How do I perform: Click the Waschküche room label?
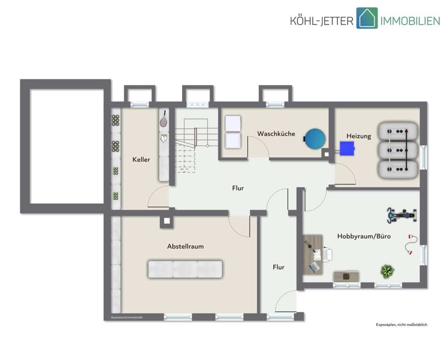tap(276, 134)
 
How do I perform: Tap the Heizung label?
tap(359, 136)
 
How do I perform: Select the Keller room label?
tap(141, 159)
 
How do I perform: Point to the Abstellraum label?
tap(186, 246)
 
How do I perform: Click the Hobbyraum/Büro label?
tap(364, 236)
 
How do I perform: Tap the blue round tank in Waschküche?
tap(315, 139)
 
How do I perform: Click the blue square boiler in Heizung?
tap(347, 149)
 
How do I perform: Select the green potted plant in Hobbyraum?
tap(387, 271)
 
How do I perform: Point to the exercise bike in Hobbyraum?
tap(402, 216)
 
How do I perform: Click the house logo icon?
tap(367, 18)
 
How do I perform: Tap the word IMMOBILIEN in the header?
tap(410, 21)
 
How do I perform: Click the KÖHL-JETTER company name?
tap(322, 21)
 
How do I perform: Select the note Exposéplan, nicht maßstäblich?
tap(402, 325)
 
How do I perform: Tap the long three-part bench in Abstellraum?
tap(185, 269)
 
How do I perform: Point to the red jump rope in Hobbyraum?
tap(410, 245)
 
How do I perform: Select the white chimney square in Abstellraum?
tap(167, 221)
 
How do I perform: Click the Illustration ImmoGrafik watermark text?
tap(127, 318)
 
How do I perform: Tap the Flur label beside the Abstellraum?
tap(279, 267)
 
